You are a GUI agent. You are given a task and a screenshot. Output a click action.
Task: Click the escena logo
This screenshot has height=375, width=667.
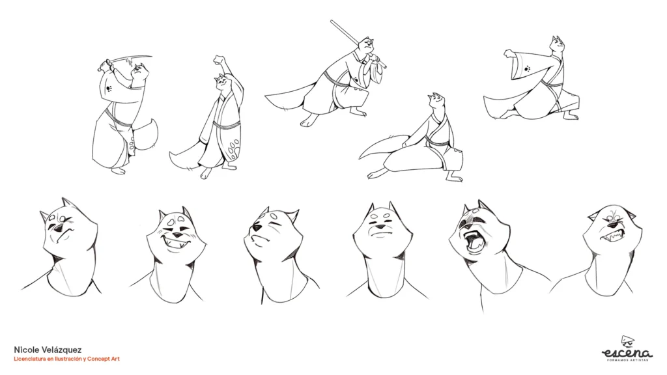pyautogui.click(x=627, y=349)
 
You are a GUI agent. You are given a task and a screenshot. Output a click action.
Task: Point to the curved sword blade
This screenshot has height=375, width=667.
pyautogui.click(x=132, y=58)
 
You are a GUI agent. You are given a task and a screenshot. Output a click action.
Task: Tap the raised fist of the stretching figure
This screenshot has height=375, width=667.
pyautogui.click(x=219, y=59)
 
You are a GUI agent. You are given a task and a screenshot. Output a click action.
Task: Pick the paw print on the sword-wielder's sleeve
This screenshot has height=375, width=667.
pyautogui.click(x=109, y=89)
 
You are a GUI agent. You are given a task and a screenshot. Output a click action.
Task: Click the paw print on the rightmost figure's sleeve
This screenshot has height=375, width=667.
pyautogui.click(x=528, y=68)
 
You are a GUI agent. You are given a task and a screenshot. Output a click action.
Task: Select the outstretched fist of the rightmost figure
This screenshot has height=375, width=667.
pyautogui.click(x=509, y=54)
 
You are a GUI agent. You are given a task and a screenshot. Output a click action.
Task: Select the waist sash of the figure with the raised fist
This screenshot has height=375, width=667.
pyautogui.click(x=227, y=126)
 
